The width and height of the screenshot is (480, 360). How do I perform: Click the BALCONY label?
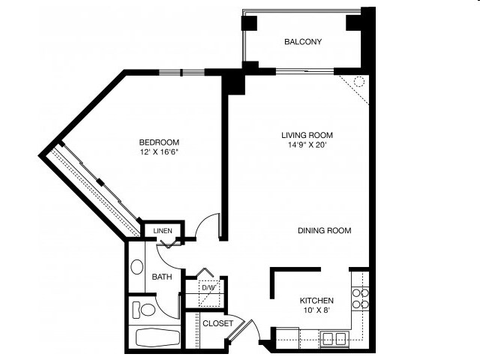[303, 42]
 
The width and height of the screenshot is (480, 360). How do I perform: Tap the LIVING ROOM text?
[307, 135]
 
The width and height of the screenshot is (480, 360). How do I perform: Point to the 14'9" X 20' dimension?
[307, 145]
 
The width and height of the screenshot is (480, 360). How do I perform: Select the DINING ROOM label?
[324, 231]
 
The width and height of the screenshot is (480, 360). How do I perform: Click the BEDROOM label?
[159, 142]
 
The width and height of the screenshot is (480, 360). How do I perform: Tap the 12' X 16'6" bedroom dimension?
[159, 152]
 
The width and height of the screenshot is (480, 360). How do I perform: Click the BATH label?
[162, 277]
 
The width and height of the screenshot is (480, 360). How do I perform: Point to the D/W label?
[208, 287]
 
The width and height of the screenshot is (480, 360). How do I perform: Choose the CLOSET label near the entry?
[217, 324]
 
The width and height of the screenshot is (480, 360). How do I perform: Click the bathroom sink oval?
[137, 267]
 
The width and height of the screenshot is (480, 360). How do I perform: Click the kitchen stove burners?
[360, 298]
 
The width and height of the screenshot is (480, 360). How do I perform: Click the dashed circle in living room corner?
[358, 82]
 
